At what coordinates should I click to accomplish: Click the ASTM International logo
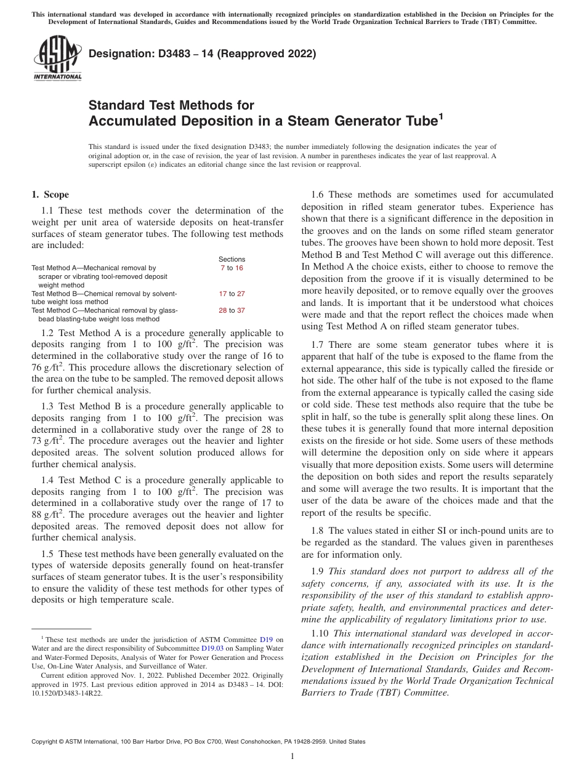click(x=57, y=59)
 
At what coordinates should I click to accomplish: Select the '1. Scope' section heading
click(x=50, y=195)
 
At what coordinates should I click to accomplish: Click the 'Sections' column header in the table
click(x=232, y=259)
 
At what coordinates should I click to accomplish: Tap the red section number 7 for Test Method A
click(x=222, y=268)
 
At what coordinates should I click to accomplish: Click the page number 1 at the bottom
click(x=292, y=757)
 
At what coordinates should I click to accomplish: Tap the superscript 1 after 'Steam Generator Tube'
click(x=440, y=115)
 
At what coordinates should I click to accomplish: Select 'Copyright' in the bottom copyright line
click(x=46, y=742)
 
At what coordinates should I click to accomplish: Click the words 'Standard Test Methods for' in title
click(x=171, y=105)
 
